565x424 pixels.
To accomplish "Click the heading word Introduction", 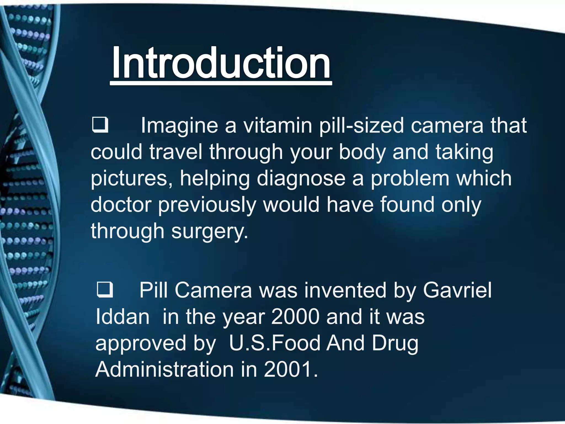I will (x=221, y=63).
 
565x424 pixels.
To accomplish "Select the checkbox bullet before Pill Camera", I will (x=105, y=290).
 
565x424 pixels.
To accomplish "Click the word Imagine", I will (x=180, y=126).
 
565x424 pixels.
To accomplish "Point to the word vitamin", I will (x=278, y=125).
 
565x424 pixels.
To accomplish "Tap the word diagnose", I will (x=301, y=179).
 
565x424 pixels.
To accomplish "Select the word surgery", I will (x=209, y=231).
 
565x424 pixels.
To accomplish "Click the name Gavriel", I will (x=457, y=290).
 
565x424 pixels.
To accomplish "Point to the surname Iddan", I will (x=122, y=317).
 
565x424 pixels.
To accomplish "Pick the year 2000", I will (x=295, y=317).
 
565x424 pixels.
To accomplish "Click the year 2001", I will (x=291, y=369).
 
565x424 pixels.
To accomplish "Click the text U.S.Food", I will (x=274, y=343).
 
